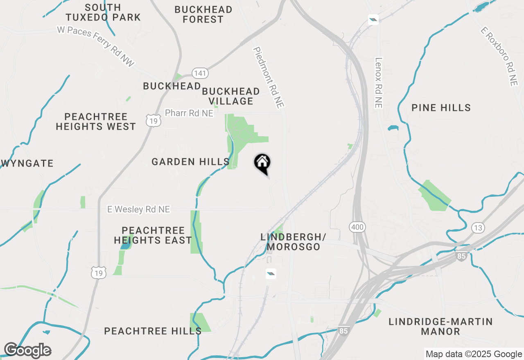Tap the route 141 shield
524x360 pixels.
click(200, 73)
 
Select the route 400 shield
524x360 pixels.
click(357, 227)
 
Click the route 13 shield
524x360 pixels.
click(478, 227)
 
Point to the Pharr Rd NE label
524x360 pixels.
click(189, 113)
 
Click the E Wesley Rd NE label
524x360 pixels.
click(138, 209)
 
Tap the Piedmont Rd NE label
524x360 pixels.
click(269, 78)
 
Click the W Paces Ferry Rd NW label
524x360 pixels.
click(96, 45)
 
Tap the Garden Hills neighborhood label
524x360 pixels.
click(190, 162)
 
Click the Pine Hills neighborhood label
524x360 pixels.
click(441, 108)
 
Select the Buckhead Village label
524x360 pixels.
click(231, 96)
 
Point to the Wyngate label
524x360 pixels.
click(28, 164)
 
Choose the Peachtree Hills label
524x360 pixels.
click(153, 331)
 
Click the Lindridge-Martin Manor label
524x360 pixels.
click(440, 326)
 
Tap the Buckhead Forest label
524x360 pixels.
click(203, 14)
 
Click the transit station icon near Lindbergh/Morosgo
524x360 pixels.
click(271, 274)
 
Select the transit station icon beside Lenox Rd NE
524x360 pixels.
click(373, 19)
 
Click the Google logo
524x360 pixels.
click(27, 351)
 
